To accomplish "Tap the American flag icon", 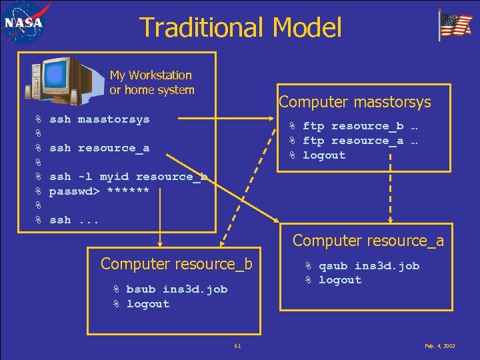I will click(455, 25).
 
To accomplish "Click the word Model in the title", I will click(307, 27).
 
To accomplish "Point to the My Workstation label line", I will click(151, 75).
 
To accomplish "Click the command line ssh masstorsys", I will click(99, 119).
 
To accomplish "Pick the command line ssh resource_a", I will click(99, 148).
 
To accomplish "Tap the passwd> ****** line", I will click(99, 191).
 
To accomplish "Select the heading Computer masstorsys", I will click(355, 102).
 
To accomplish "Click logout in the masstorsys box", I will click(324, 155).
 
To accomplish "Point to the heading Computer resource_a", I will click(368, 240).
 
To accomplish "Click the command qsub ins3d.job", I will click(369, 266).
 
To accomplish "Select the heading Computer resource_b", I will click(177, 263).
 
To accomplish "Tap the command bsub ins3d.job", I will click(177, 289).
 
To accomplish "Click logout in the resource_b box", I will click(148, 304).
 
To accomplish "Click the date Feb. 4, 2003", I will click(439, 346).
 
